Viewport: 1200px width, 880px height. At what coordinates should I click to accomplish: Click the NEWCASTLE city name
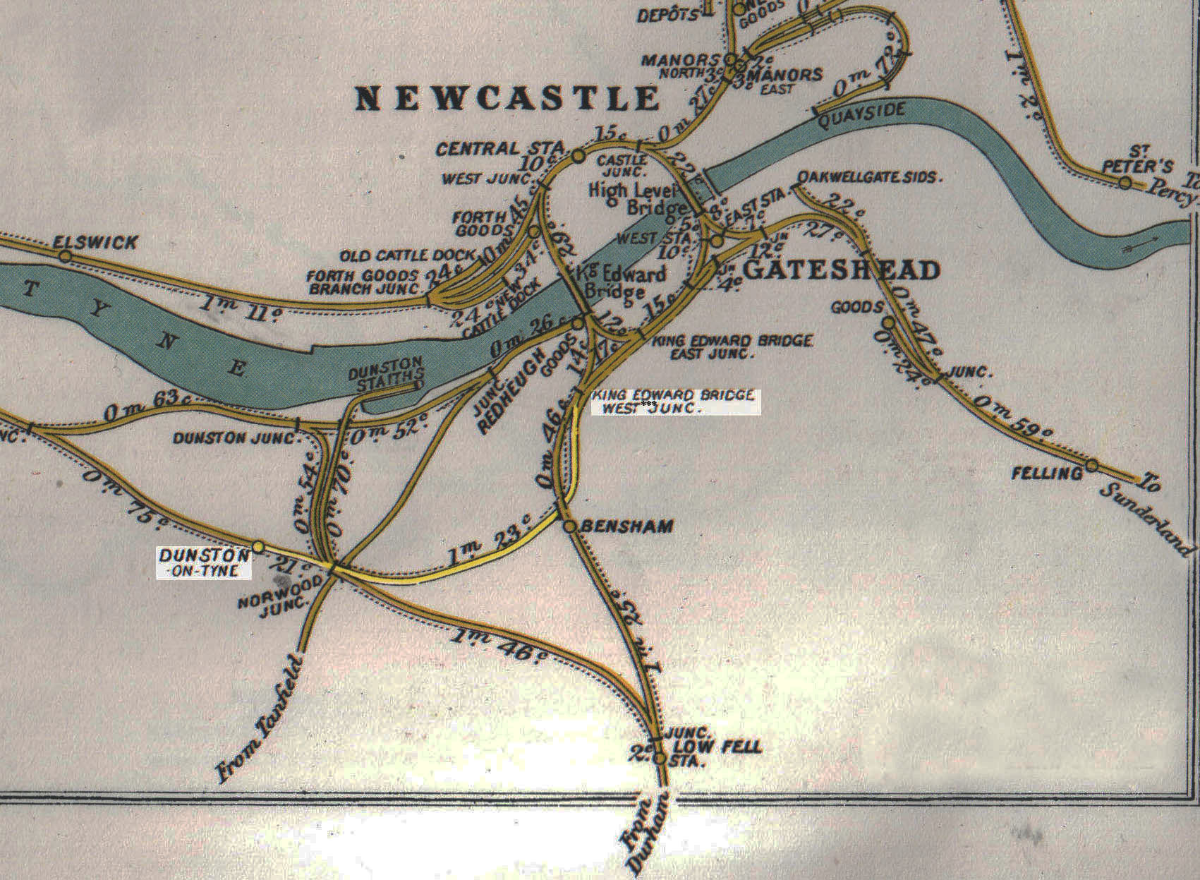[507, 98]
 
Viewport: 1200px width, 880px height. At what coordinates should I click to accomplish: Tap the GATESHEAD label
[842, 270]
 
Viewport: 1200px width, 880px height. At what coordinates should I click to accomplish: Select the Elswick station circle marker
[65, 257]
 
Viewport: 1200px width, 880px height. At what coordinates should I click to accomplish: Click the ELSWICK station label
[96, 243]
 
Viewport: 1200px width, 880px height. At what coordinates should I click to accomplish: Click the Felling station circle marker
[1092, 465]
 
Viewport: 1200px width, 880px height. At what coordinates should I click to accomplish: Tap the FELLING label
[1047, 473]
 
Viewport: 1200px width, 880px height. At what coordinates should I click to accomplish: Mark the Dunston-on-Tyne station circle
[258, 547]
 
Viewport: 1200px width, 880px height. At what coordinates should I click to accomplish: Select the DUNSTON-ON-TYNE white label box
[204, 562]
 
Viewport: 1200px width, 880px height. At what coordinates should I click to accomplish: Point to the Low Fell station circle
[660, 759]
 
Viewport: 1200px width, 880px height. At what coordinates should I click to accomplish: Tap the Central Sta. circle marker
[578, 155]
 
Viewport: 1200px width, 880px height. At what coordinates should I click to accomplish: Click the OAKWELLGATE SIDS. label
[869, 177]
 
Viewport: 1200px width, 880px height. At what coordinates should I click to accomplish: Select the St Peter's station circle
[1125, 183]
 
